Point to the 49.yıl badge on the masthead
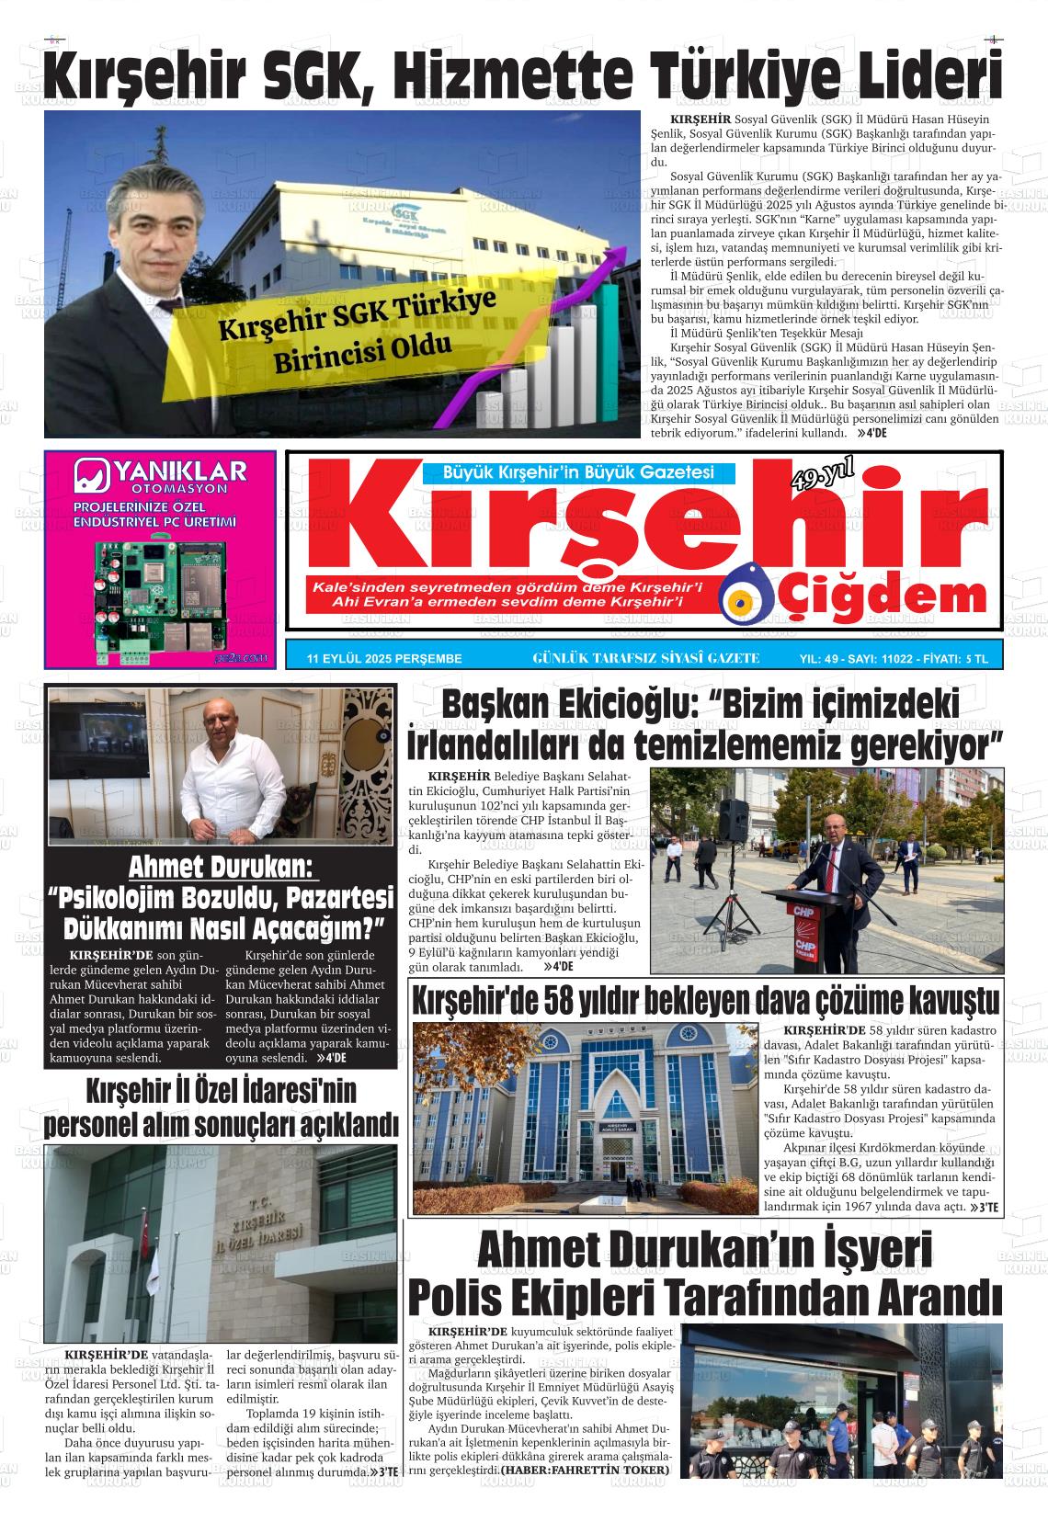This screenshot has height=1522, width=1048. [x=822, y=475]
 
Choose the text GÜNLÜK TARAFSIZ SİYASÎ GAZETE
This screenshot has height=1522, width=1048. [x=645, y=658]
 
